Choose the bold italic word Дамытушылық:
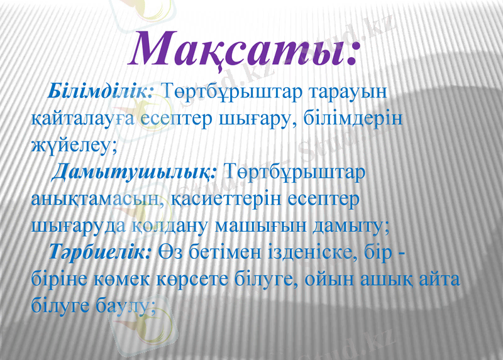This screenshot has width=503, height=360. [x=135, y=172]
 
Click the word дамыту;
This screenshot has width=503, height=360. [x=350, y=225]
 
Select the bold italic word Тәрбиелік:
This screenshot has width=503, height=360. [x=101, y=252]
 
